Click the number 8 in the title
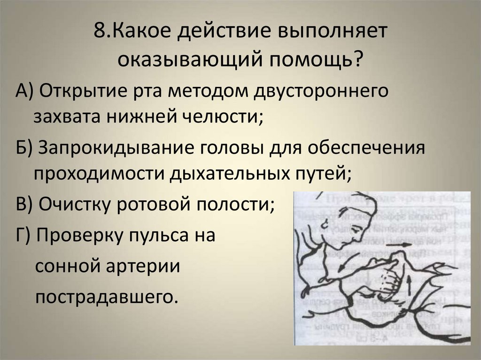point(101,31)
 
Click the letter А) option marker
point(24,91)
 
